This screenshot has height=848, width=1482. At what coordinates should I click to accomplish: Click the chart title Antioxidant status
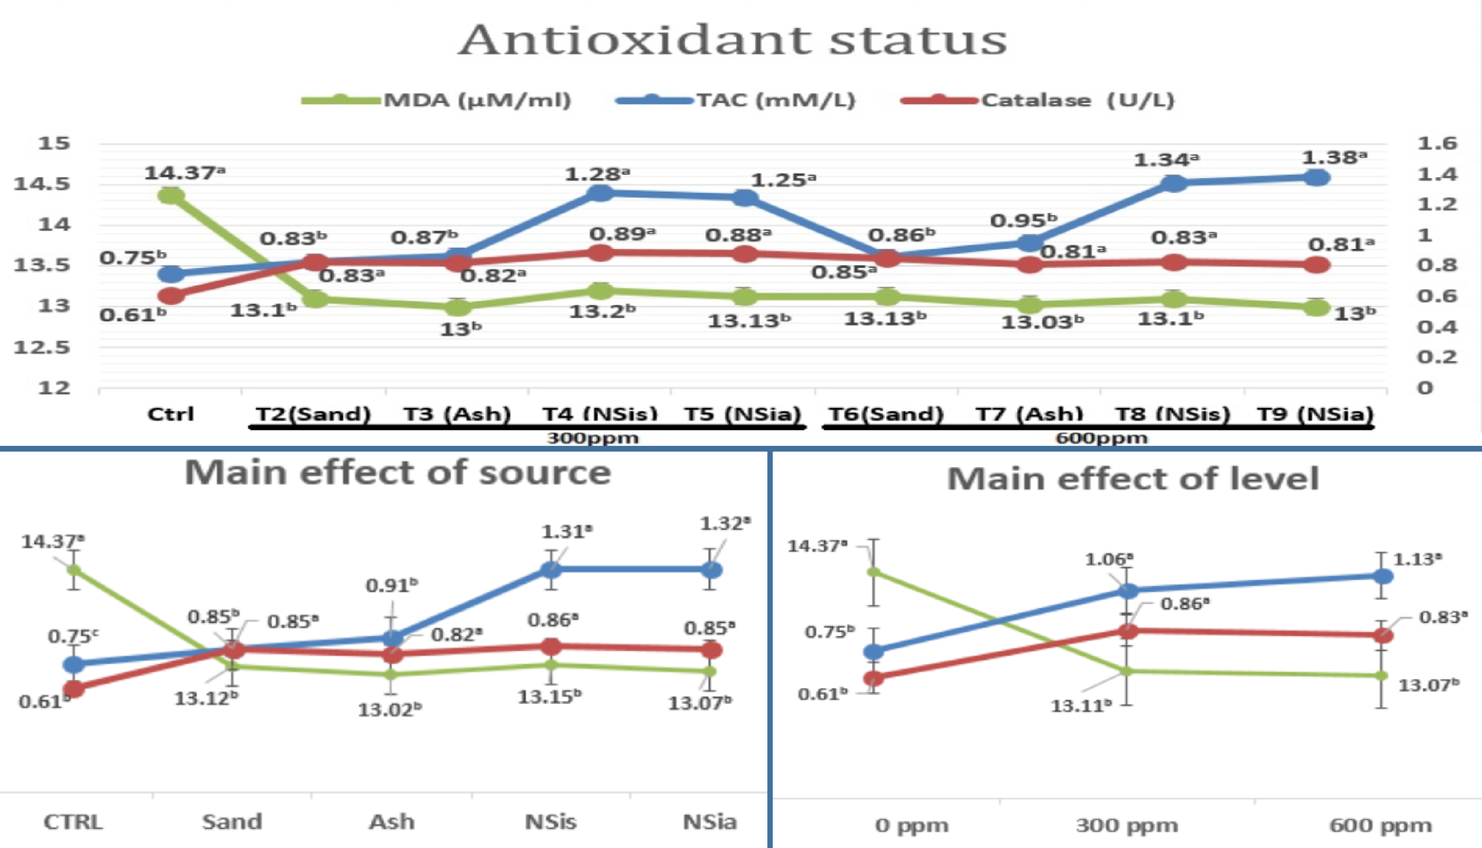click(733, 40)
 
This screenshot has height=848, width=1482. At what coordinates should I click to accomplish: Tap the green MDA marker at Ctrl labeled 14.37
click(171, 195)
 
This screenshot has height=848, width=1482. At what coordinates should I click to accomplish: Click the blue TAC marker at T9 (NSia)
click(1316, 177)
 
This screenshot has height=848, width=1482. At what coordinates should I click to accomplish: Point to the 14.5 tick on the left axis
click(41, 184)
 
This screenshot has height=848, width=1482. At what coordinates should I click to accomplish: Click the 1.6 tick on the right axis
click(1436, 143)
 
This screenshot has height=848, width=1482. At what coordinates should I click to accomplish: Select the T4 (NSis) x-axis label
click(599, 414)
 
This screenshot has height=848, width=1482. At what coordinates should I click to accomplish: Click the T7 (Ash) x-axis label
click(1029, 414)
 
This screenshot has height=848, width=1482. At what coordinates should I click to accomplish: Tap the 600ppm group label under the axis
click(1101, 438)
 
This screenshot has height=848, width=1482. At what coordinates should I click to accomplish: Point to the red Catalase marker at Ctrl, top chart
click(171, 295)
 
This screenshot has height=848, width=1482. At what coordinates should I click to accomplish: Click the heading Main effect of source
click(397, 473)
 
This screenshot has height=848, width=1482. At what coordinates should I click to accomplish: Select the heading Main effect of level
click(1133, 479)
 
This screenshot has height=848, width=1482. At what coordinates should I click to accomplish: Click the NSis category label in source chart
click(550, 822)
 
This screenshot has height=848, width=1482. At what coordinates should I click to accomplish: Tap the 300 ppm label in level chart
click(1127, 825)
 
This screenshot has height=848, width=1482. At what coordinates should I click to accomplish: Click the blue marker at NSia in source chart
click(711, 569)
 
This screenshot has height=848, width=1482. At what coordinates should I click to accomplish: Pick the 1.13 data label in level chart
click(1416, 560)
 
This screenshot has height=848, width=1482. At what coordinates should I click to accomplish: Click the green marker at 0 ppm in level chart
click(874, 572)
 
